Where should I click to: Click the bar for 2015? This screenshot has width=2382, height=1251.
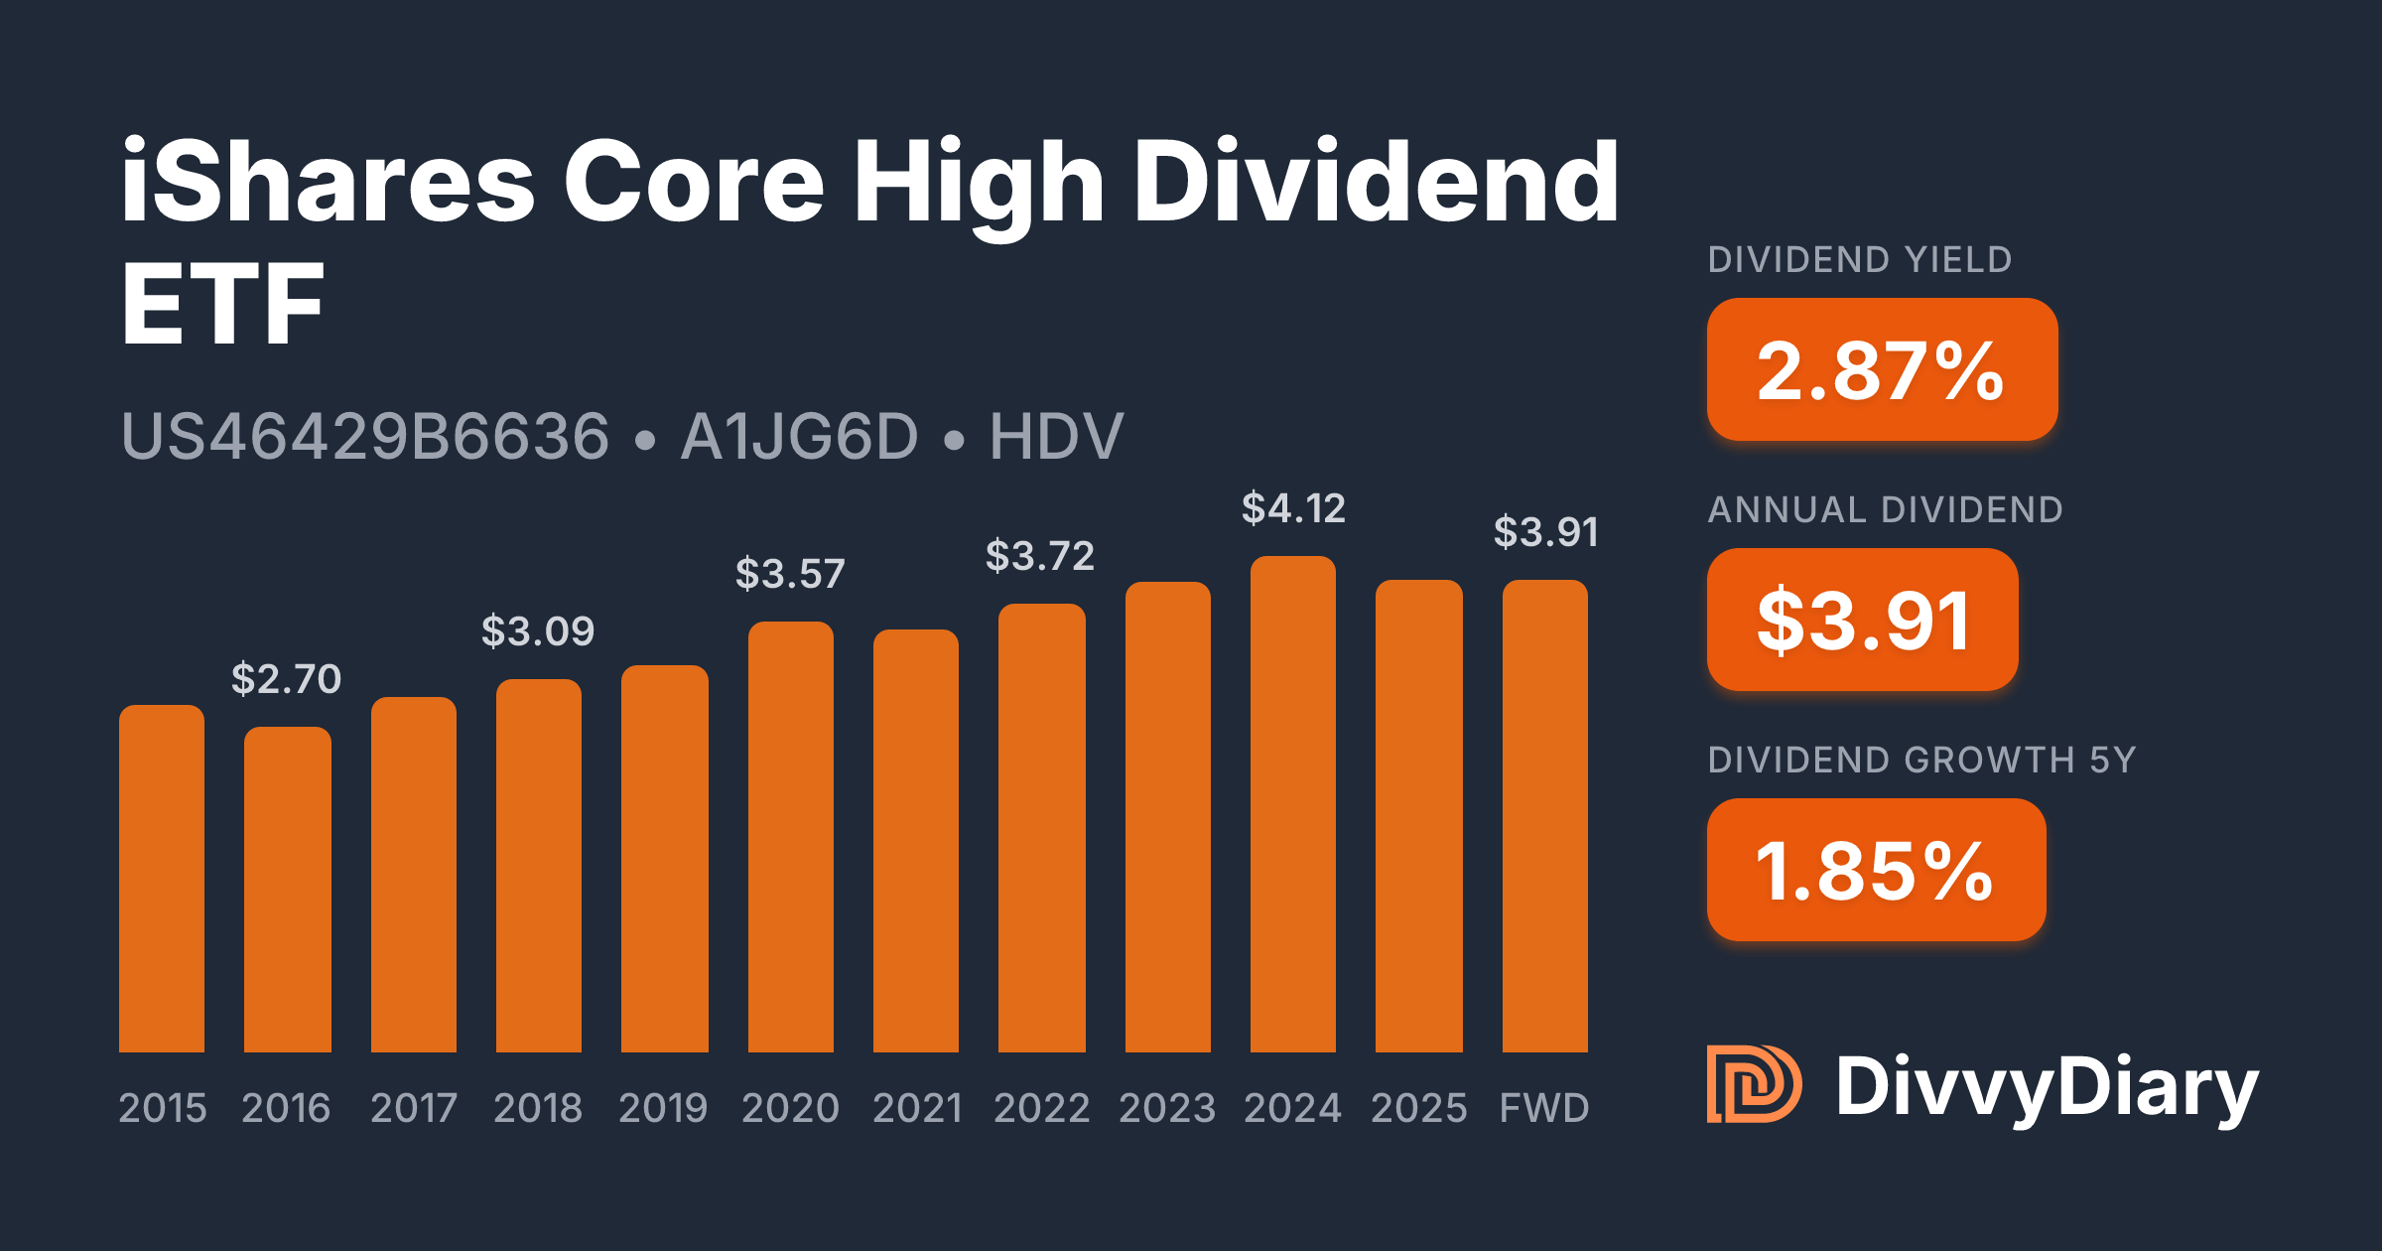point(162,879)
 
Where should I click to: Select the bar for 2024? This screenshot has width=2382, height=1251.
point(1293,804)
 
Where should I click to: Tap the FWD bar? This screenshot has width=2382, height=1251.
point(1545,816)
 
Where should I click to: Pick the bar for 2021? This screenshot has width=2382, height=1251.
point(916,841)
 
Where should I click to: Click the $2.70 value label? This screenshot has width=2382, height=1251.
point(286,679)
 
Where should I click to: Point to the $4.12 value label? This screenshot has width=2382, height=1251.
point(1293,508)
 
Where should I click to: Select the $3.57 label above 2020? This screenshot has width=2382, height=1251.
point(790,574)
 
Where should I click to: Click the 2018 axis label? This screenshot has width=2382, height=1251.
point(538,1108)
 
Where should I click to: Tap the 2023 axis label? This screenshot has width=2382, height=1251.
point(1167,1108)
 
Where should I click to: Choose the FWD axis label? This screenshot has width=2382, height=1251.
point(1544,1108)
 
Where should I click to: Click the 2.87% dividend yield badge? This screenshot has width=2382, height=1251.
point(1882,369)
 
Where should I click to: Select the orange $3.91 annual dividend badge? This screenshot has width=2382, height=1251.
point(1862,620)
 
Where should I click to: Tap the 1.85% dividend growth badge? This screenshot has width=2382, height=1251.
point(1876,870)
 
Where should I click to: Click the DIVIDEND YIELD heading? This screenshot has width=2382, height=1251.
point(1860,260)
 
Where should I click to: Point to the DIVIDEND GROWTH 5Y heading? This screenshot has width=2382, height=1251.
point(1921,761)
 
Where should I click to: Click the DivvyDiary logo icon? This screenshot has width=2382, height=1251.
point(1754,1084)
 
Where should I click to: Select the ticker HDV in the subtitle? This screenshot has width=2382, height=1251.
point(1056,437)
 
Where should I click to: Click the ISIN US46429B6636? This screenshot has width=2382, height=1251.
point(365,437)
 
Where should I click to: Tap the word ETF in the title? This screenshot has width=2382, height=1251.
point(222,304)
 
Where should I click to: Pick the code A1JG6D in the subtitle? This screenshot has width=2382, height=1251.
point(800,437)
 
